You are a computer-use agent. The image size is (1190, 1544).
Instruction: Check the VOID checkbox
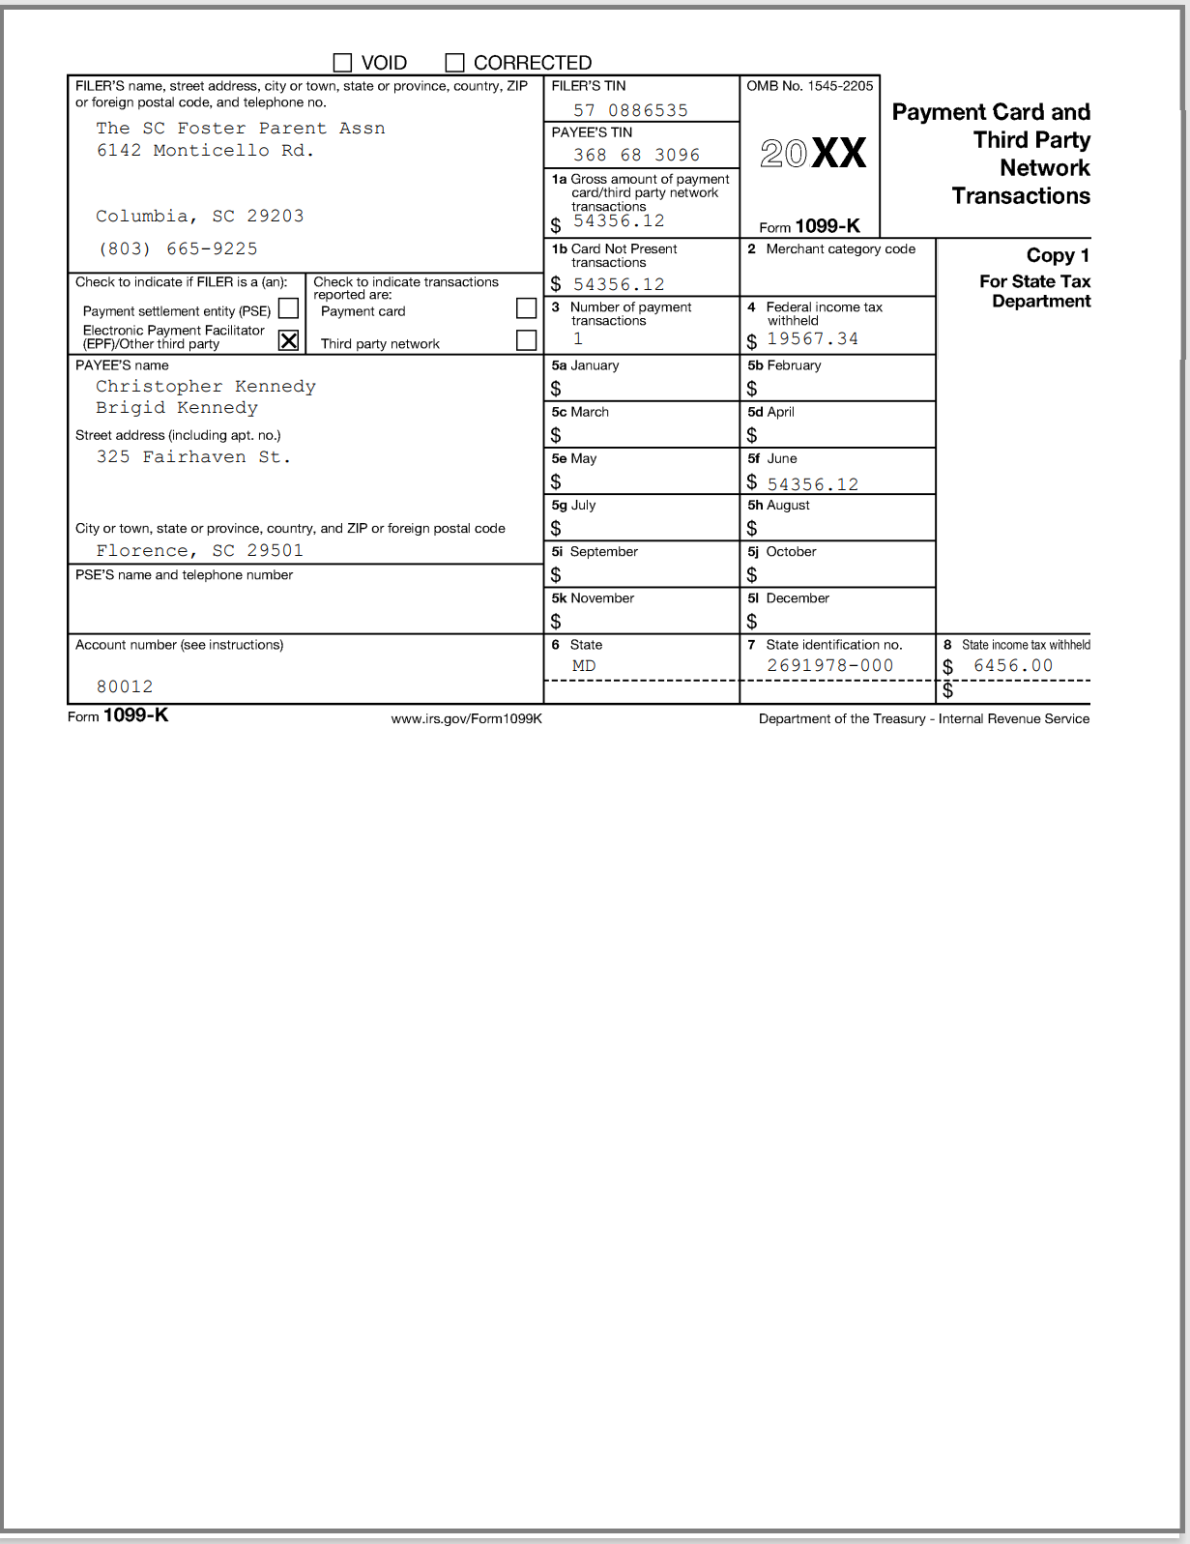[342, 63]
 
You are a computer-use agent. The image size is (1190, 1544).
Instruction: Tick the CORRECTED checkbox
[454, 63]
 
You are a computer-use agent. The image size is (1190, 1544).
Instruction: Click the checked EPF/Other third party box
[288, 340]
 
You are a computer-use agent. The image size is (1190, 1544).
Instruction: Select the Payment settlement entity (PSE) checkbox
[288, 308]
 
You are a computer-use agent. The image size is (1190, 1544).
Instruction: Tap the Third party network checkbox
[526, 340]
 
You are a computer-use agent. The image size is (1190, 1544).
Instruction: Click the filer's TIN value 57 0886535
[630, 110]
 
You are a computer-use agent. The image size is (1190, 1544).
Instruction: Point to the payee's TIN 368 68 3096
[636, 155]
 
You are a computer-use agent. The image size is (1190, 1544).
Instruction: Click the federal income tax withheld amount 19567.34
[812, 338]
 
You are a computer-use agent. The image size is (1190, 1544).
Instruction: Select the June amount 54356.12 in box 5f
[812, 484]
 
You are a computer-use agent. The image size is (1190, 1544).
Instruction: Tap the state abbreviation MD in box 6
[584, 666]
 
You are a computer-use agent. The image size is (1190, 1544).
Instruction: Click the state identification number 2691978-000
[829, 665]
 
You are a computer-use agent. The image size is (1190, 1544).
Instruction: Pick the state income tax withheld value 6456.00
[1012, 665]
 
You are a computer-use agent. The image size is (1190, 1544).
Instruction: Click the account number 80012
[125, 686]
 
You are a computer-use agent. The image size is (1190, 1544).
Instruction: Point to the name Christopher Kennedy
[206, 386]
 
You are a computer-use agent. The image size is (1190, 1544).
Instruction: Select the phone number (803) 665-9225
[178, 248]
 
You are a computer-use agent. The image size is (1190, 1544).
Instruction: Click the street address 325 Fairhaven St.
[193, 456]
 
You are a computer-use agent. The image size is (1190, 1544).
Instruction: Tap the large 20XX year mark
[812, 154]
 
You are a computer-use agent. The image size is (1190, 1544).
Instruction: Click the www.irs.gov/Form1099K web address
[466, 718]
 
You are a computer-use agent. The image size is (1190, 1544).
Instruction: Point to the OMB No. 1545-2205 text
[809, 86]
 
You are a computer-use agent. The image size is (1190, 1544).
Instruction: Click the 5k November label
[593, 598]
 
